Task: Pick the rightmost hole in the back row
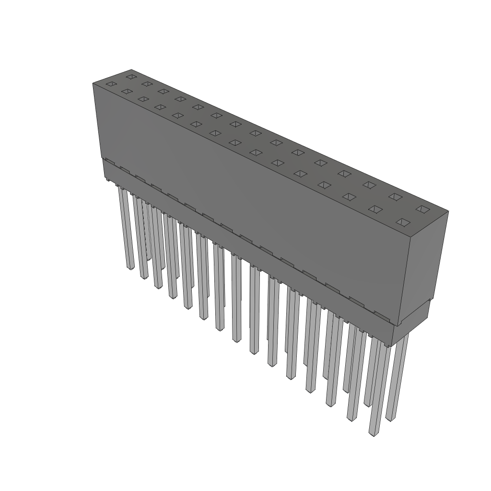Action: click(x=422, y=209)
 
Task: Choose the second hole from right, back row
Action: click(x=395, y=197)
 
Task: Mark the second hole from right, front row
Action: click(x=375, y=209)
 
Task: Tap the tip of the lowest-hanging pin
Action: click(x=373, y=433)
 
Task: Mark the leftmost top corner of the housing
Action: click(x=93, y=83)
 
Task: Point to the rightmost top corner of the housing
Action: click(x=448, y=211)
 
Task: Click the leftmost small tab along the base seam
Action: click(x=110, y=162)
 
